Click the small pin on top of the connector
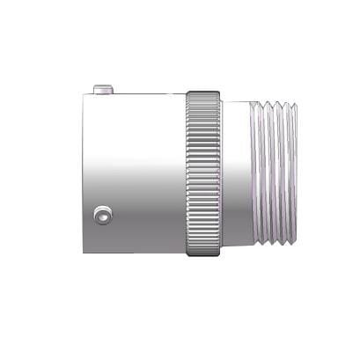[103, 88]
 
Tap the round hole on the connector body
[104, 214]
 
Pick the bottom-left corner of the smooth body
[85, 253]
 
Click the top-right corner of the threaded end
[297, 105]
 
